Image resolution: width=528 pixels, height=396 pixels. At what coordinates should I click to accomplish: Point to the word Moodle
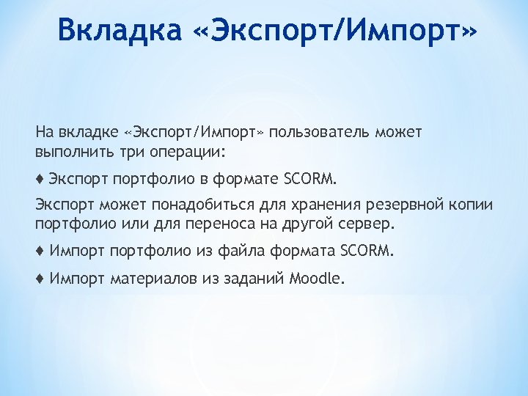point(315,278)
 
